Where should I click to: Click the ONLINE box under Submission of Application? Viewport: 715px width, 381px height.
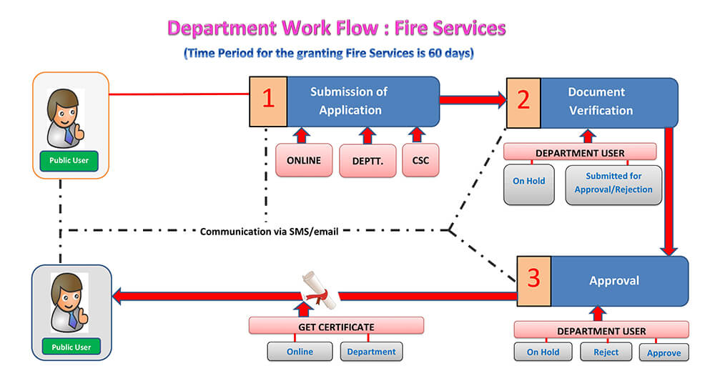tap(304, 160)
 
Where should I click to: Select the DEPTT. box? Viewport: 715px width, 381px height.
tap(368, 160)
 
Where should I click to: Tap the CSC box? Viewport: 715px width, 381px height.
tap(420, 160)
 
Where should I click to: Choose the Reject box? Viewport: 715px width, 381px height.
tap(606, 352)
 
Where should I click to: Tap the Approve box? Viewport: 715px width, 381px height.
tap(664, 352)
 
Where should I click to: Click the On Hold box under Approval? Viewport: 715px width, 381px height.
tap(543, 352)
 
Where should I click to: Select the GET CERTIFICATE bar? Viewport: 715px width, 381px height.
tap(336, 326)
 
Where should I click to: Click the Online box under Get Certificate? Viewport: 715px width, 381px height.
tap(300, 352)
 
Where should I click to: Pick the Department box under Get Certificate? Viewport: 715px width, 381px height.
tap(371, 352)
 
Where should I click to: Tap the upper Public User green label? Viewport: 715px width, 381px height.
tap(69, 161)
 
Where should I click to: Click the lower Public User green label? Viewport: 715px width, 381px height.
tap(71, 347)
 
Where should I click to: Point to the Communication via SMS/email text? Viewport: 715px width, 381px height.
tap(269, 232)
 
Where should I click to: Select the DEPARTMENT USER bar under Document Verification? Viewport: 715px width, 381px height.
tap(580, 152)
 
